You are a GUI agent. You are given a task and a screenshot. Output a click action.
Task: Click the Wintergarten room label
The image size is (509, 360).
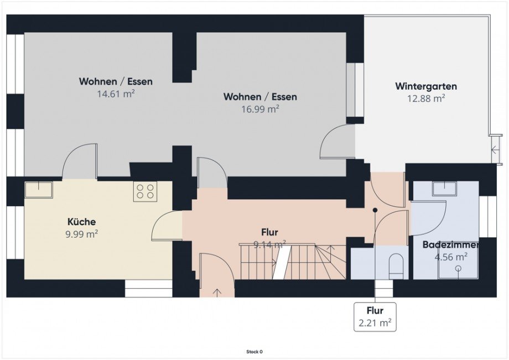(x=426, y=86)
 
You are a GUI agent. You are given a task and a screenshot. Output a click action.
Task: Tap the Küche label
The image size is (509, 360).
(x=81, y=222)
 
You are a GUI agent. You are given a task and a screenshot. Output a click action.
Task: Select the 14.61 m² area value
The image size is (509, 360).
(x=116, y=93)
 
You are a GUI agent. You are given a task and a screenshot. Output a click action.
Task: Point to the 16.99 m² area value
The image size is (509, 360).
(x=260, y=109)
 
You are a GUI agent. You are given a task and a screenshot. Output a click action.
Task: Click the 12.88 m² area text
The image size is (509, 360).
(x=426, y=98)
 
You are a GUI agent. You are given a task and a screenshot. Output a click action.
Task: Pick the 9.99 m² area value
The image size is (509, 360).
(x=82, y=234)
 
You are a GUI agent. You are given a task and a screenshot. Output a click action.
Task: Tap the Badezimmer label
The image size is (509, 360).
(x=450, y=244)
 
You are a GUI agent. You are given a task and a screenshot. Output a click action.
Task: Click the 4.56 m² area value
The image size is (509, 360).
(x=451, y=257)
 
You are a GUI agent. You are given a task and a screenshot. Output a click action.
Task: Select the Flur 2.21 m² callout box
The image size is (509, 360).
(x=375, y=317)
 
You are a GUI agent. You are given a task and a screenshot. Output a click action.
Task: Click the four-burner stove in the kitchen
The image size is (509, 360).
(x=145, y=191)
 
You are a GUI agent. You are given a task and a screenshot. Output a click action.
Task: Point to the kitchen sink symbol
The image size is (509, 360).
(x=39, y=190)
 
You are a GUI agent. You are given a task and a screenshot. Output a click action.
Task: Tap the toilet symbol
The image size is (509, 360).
(x=396, y=266)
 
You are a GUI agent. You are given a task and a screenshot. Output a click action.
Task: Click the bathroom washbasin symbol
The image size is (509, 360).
(x=444, y=189)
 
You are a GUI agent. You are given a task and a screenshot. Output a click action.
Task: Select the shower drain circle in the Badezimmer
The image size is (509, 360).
(x=458, y=268)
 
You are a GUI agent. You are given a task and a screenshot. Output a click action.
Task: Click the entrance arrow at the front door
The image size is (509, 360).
(x=217, y=292)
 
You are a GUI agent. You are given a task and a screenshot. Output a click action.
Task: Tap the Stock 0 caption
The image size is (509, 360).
(x=254, y=352)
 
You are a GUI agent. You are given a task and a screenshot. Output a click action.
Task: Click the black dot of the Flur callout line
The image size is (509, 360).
(x=375, y=210)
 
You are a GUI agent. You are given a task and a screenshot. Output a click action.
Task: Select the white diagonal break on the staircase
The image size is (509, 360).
(x=282, y=262)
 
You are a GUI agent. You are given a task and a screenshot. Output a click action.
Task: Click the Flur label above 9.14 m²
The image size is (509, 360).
(x=269, y=232)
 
